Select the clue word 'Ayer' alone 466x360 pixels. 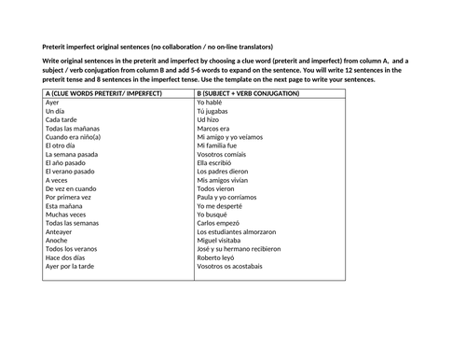point(53,103)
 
